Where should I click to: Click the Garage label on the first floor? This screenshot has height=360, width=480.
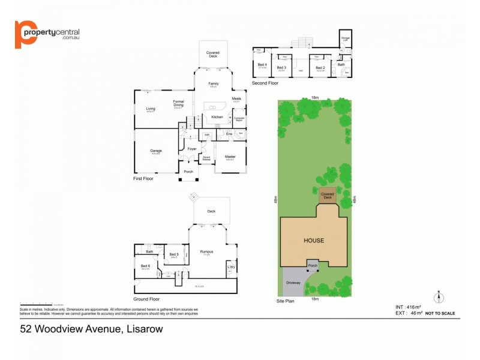pos(156,151)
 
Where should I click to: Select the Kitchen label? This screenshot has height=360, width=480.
pos(217,117)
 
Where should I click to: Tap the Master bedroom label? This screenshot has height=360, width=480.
pos(230,157)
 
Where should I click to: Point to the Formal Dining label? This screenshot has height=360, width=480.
pos(178,103)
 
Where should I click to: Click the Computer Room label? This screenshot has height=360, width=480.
pos(239,119)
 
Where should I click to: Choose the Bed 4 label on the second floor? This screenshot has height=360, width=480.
pos(262,65)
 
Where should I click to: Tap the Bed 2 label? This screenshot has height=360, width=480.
pos(320,68)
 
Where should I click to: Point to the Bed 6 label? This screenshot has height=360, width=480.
pos(145,266)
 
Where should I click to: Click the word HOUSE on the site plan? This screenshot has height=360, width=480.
pos(313,241)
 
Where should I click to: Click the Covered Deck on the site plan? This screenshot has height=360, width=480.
pos(327,196)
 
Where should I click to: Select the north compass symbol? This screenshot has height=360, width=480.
pos(438,296)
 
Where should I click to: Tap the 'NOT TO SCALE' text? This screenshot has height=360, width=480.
pos(440,313)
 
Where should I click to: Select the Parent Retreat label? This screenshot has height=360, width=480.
pos(206,159)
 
